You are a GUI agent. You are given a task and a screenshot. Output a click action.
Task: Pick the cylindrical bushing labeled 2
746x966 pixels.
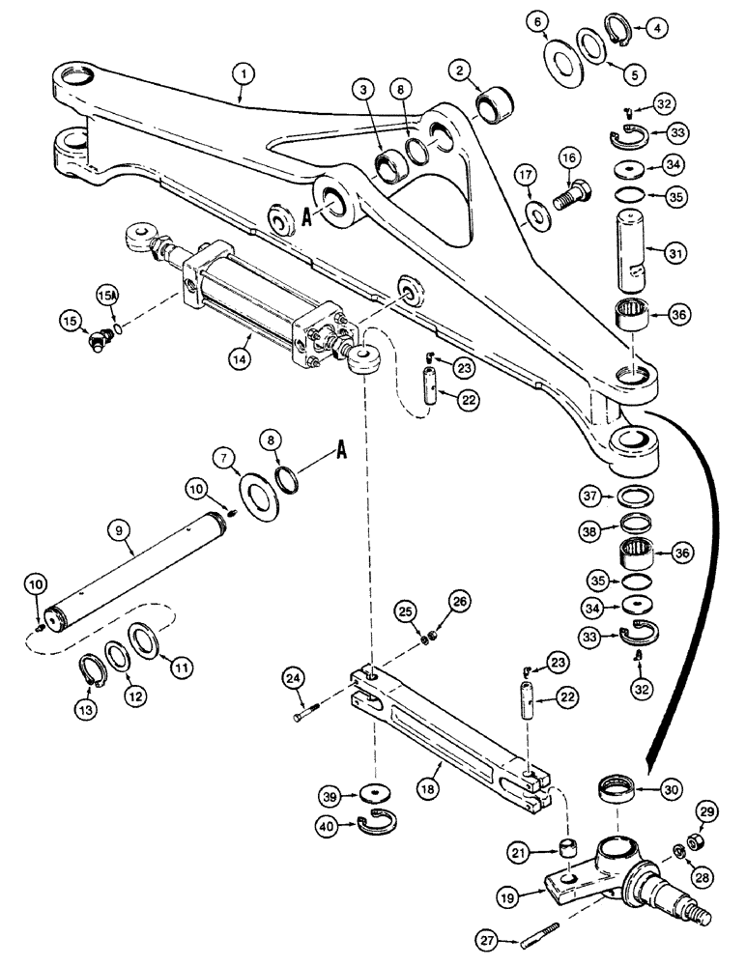point(496,101)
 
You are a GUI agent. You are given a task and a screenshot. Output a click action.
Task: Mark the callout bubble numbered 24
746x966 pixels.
point(296,678)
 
